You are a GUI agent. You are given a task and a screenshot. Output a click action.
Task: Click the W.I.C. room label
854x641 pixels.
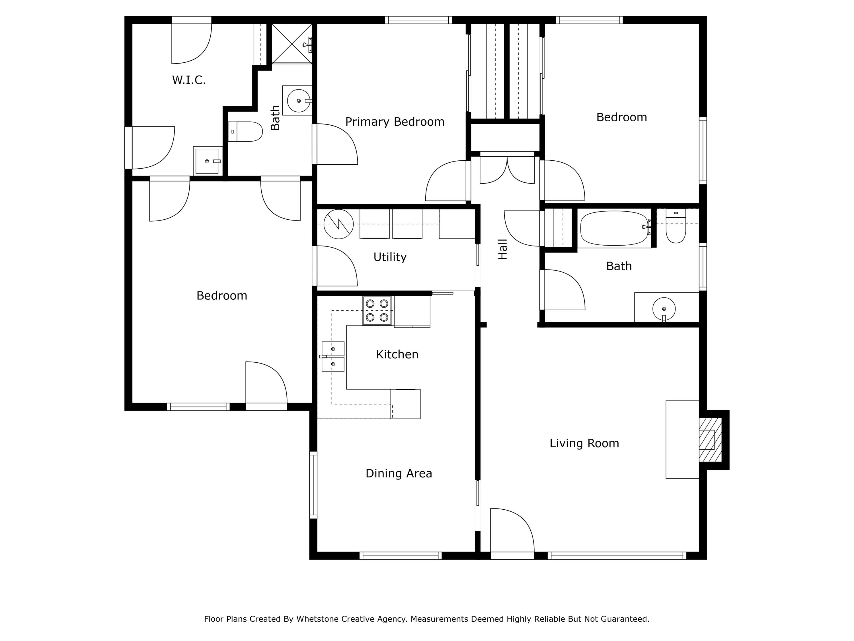[x=189, y=80]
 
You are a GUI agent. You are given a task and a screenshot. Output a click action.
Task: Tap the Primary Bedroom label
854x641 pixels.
[x=395, y=122]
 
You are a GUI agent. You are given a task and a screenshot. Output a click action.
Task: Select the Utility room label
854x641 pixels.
[x=390, y=257]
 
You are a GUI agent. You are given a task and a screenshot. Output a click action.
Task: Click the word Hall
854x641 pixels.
[x=502, y=249]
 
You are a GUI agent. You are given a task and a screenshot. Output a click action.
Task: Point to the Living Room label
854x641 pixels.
[x=584, y=443]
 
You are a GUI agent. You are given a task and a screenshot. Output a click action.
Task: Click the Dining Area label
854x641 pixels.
[x=399, y=473]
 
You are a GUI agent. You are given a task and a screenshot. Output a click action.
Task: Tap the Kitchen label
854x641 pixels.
[x=397, y=354]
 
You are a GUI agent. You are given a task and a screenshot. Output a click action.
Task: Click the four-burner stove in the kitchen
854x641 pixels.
[x=377, y=310]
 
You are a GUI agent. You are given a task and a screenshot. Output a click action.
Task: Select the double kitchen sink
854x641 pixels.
[x=333, y=356]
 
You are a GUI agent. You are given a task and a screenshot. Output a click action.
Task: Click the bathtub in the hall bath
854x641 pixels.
[x=614, y=228]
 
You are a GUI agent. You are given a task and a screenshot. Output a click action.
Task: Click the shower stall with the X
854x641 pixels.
[x=291, y=44]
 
